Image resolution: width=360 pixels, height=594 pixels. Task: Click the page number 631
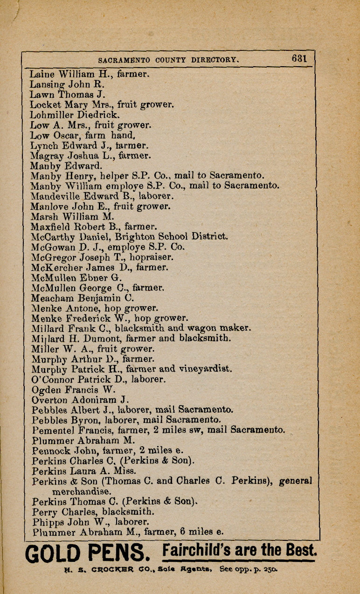[299, 59]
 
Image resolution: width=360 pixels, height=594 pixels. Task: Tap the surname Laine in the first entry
[42, 74]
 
